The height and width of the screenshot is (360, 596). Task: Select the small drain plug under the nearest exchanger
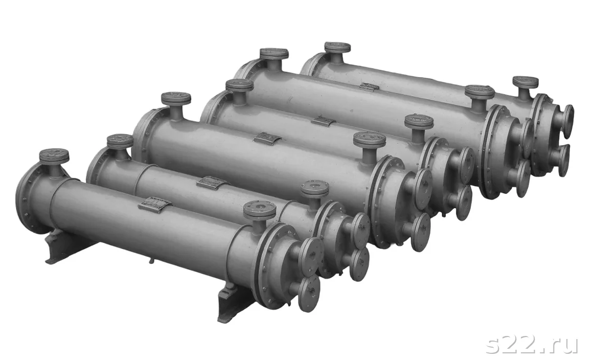(151, 261)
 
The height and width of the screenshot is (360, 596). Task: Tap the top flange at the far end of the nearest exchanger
(54, 156)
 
